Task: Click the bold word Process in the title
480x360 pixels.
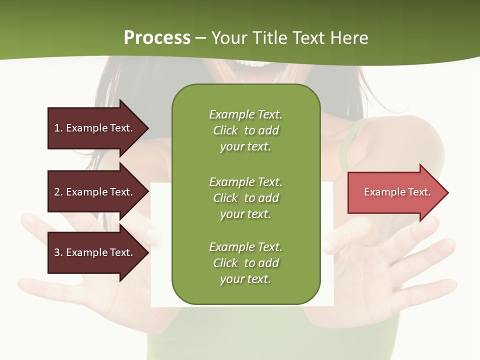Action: (x=157, y=38)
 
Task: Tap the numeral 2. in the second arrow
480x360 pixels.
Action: (x=58, y=192)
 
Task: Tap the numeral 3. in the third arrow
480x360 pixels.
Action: (x=58, y=252)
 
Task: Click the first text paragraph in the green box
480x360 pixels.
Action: (x=245, y=130)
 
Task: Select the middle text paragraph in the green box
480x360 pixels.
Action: (x=245, y=198)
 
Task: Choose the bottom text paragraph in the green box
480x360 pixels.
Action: (x=245, y=263)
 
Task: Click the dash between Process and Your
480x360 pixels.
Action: (x=200, y=38)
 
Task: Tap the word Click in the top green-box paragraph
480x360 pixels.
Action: (x=225, y=130)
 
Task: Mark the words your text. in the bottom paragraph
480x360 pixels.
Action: (x=245, y=279)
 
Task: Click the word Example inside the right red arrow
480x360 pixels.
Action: (x=382, y=192)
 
